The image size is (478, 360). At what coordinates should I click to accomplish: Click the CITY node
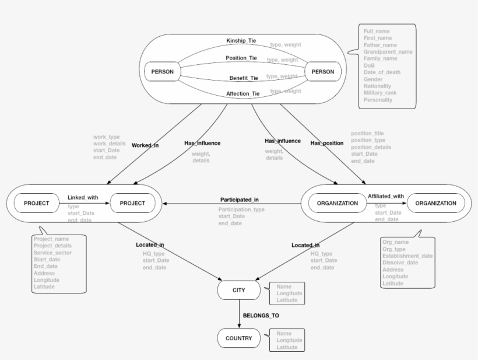(x=239, y=289)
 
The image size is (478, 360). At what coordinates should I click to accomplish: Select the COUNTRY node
(x=239, y=338)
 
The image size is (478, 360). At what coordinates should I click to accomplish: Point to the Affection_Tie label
(x=242, y=93)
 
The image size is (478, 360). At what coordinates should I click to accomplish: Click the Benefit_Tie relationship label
(x=242, y=77)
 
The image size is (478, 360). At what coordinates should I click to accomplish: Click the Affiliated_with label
(x=386, y=197)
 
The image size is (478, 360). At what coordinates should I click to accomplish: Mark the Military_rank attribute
(x=382, y=93)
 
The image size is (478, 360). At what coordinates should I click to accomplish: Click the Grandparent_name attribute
(x=388, y=51)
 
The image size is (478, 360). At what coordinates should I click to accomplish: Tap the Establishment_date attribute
(x=407, y=255)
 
